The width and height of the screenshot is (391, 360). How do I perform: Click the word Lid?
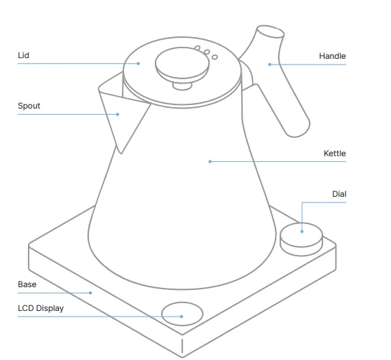[x=23, y=55]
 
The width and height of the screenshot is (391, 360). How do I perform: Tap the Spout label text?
[x=29, y=106]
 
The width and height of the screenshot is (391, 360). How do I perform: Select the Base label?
[x=27, y=284]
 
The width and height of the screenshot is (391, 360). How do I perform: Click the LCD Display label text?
[x=41, y=308]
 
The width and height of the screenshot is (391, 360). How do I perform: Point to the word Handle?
[x=332, y=56]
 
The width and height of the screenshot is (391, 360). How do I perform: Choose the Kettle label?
[x=334, y=153]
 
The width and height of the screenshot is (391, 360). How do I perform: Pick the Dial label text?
[x=339, y=194]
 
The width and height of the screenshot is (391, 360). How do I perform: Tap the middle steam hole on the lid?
[x=207, y=53]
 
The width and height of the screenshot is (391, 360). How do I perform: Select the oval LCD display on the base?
[x=181, y=312]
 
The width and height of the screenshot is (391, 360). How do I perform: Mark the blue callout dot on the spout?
[x=118, y=114]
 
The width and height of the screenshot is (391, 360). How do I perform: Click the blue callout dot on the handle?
[x=269, y=64]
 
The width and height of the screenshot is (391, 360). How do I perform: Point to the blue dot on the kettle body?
[x=210, y=162]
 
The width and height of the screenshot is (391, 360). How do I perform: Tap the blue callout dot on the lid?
[x=139, y=64]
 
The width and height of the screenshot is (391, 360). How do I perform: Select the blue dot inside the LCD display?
[x=181, y=317]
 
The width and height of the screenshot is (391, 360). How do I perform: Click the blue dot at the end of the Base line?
[x=90, y=293]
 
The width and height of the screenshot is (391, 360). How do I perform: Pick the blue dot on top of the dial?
[x=302, y=229]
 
